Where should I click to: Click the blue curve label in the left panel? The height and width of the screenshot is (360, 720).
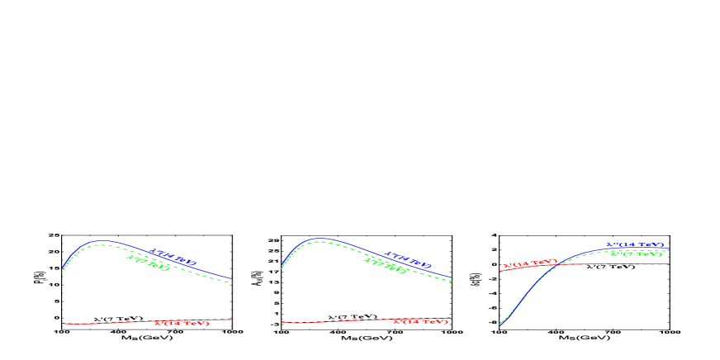pos(173,254)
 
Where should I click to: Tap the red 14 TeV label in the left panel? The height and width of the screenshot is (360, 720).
pos(182,322)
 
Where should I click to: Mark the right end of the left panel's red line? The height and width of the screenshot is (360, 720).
pos(232,320)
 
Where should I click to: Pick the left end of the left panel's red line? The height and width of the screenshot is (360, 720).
pos(63,324)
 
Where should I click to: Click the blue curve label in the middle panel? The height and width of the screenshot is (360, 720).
pos(409,258)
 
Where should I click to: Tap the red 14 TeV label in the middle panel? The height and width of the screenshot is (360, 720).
pos(420,320)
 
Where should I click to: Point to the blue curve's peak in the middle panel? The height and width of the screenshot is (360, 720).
pos(319,239)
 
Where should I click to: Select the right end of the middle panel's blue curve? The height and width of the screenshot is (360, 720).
pos(452,278)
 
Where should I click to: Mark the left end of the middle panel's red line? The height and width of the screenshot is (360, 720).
pos(282,323)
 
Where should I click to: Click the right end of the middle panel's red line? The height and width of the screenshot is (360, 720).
pos(452,319)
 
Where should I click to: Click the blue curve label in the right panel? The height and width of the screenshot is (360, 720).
pos(635,245)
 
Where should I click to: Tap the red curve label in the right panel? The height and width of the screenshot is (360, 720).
pos(529,264)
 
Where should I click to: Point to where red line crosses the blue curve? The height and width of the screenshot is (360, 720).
pos(560,264)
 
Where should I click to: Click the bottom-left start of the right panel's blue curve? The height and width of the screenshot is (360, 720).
pos(500,325)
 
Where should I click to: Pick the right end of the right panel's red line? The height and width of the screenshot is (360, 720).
pos(669,263)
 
